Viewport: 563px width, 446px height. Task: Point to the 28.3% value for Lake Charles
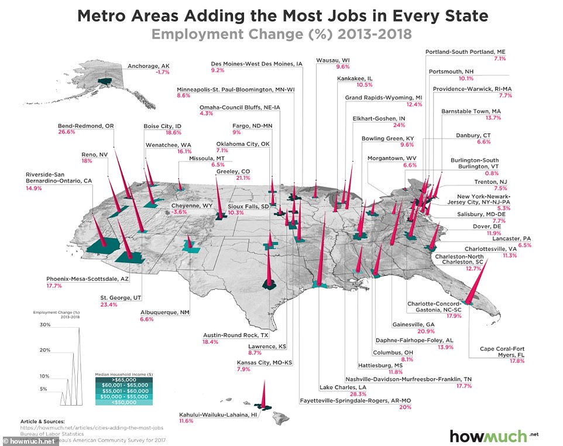click(327, 394)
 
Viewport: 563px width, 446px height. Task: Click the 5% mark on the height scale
click(44, 389)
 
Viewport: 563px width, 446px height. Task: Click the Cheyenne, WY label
click(191, 206)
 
